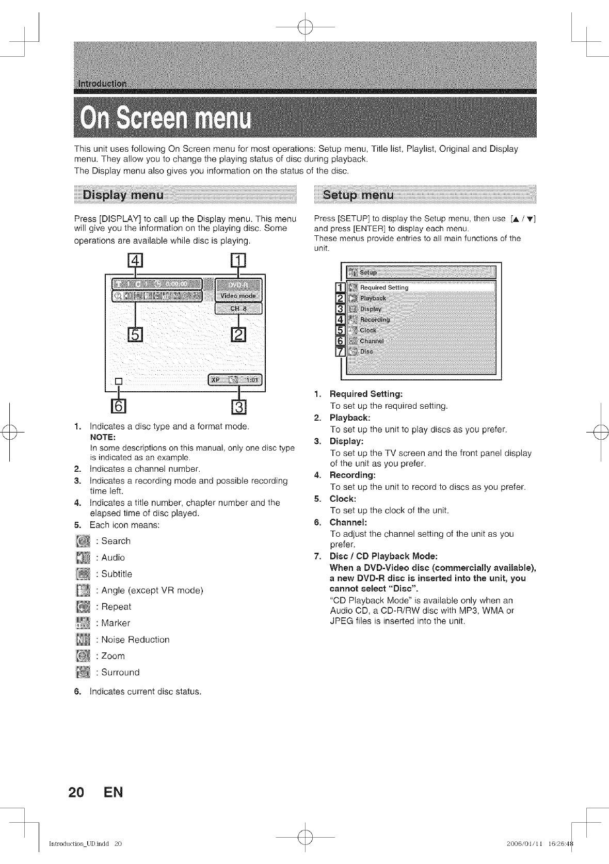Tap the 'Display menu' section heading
(x=124, y=195)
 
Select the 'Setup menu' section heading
(x=358, y=195)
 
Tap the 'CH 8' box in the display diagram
(x=238, y=309)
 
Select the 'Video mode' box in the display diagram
(x=238, y=296)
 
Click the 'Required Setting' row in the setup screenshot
(x=384, y=287)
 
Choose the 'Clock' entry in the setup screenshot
(x=368, y=330)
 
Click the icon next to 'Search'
(x=83, y=541)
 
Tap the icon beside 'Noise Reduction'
(x=83, y=640)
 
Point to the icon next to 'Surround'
(x=83, y=673)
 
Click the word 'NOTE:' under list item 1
(x=103, y=437)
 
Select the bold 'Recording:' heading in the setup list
(x=352, y=475)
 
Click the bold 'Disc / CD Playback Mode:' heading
(x=383, y=556)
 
